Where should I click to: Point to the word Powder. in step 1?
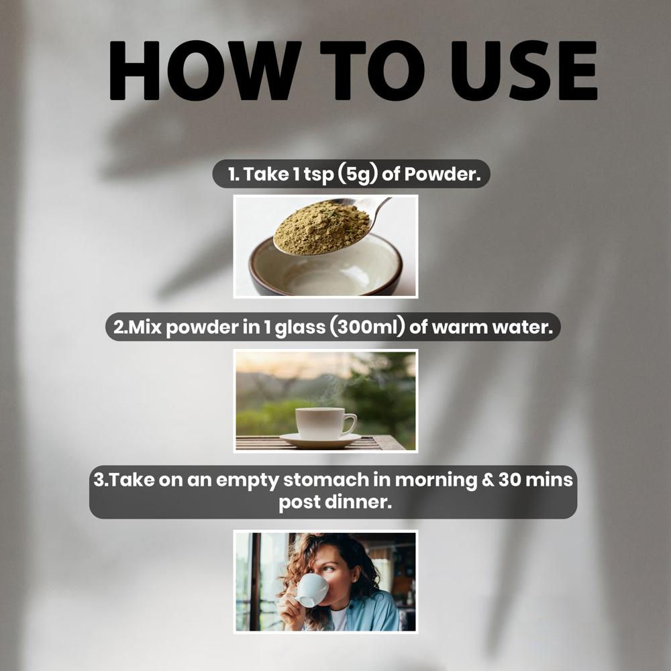(442, 174)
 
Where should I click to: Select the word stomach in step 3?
(325, 480)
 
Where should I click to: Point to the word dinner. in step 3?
(358, 502)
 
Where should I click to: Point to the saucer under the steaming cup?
(321, 440)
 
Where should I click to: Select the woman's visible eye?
(327, 569)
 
